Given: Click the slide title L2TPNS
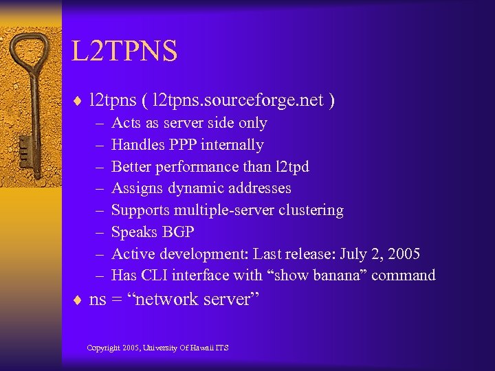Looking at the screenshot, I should pyautogui.click(x=124, y=52).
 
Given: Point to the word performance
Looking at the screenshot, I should pyautogui.click(x=197, y=167).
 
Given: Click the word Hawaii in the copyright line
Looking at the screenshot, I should pyautogui.click(x=199, y=348).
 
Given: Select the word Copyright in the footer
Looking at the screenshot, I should pyautogui.click(x=102, y=348).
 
